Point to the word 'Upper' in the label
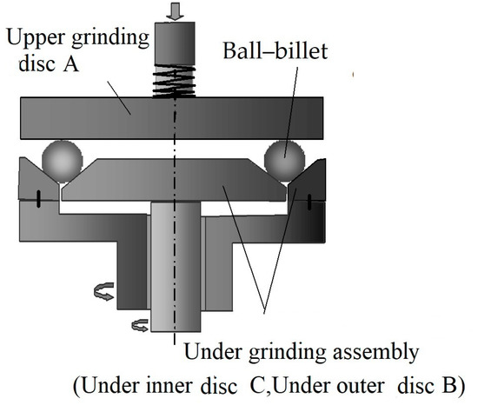click(33, 35)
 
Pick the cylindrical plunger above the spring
click(176, 43)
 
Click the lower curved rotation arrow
click(140, 326)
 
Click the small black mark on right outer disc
click(308, 201)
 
